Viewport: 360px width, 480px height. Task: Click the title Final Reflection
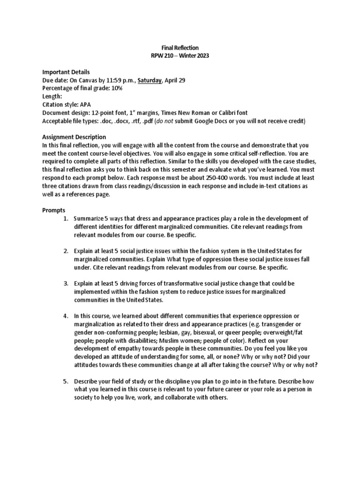(x=180, y=48)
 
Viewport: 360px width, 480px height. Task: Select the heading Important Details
(x=66, y=72)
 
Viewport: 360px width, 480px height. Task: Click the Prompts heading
(x=54, y=210)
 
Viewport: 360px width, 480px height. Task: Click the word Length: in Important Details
(x=52, y=96)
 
